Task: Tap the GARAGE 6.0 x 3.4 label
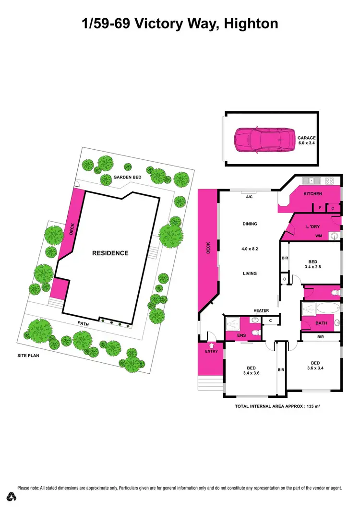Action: (306, 140)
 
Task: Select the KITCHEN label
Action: (312, 194)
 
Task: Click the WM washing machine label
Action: (318, 236)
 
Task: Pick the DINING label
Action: (250, 224)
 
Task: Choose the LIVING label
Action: (250, 273)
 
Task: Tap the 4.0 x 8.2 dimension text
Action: (250, 249)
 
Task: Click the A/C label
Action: (249, 197)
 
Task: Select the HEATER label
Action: (261, 310)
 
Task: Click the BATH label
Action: (321, 323)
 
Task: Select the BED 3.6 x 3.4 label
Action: (315, 366)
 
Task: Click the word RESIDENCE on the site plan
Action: (110, 253)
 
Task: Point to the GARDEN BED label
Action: (127, 178)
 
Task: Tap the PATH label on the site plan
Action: (84, 324)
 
